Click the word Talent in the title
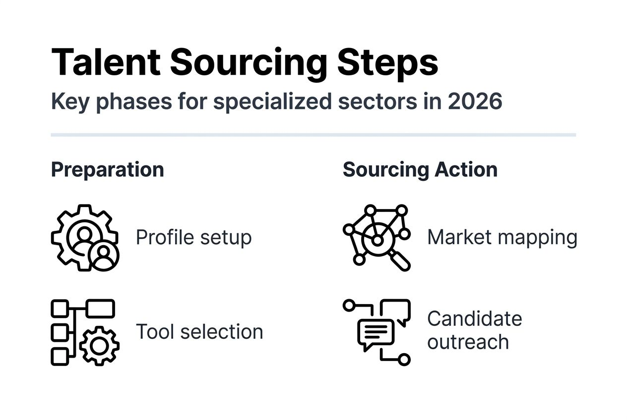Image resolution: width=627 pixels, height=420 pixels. pyautogui.click(x=105, y=62)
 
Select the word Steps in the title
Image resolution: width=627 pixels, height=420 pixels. pyautogui.click(x=387, y=62)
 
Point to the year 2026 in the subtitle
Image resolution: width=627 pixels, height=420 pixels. pyautogui.click(x=475, y=102)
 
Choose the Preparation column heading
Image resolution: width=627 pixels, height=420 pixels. pyautogui.click(x=107, y=170)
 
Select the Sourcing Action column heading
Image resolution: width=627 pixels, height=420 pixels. pyautogui.click(x=420, y=170)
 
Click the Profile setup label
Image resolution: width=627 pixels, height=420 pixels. pyautogui.click(x=193, y=238)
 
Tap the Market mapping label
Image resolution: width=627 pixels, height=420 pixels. pyautogui.click(x=502, y=238)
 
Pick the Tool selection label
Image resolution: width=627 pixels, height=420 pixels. pyautogui.click(x=199, y=331)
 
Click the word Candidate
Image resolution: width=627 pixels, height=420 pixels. pyautogui.click(x=474, y=319)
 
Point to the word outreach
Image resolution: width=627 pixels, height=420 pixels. pyautogui.click(x=468, y=342)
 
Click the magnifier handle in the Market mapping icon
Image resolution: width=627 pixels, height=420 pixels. pyautogui.click(x=400, y=261)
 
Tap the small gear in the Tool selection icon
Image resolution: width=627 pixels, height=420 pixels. pyautogui.click(x=99, y=346)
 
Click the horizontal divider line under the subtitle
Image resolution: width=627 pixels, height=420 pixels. pyautogui.click(x=313, y=135)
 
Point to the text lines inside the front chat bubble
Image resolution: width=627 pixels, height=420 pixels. pyautogui.click(x=376, y=330)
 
